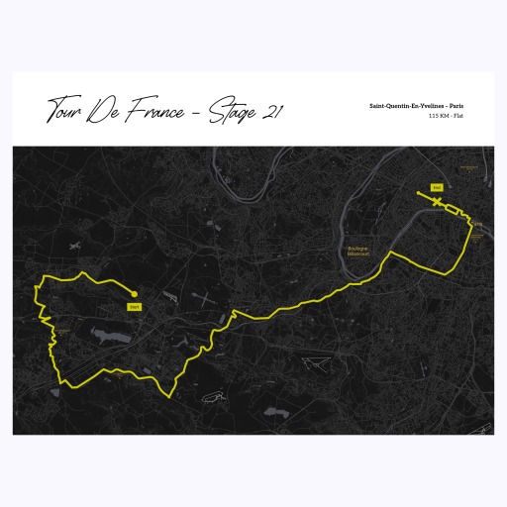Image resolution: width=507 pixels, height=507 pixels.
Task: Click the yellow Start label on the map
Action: [135, 307]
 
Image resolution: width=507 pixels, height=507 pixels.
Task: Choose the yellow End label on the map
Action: [437, 186]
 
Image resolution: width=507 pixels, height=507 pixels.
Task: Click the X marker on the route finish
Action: [436, 201]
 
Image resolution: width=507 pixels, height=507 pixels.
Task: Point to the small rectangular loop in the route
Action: [453, 209]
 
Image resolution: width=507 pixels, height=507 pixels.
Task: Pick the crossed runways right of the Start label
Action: [201, 298]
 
